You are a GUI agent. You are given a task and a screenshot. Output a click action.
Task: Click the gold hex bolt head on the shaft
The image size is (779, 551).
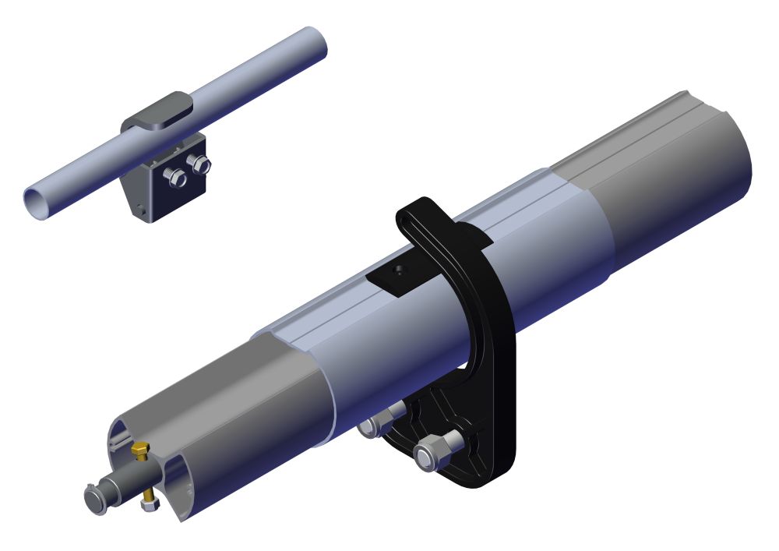(141, 450)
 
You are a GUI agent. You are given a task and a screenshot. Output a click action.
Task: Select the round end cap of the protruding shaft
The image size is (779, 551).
(95, 496)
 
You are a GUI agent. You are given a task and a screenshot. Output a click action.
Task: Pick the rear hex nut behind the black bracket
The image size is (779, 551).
(375, 426)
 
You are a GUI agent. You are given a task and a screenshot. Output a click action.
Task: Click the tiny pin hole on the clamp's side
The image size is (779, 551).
(139, 207)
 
